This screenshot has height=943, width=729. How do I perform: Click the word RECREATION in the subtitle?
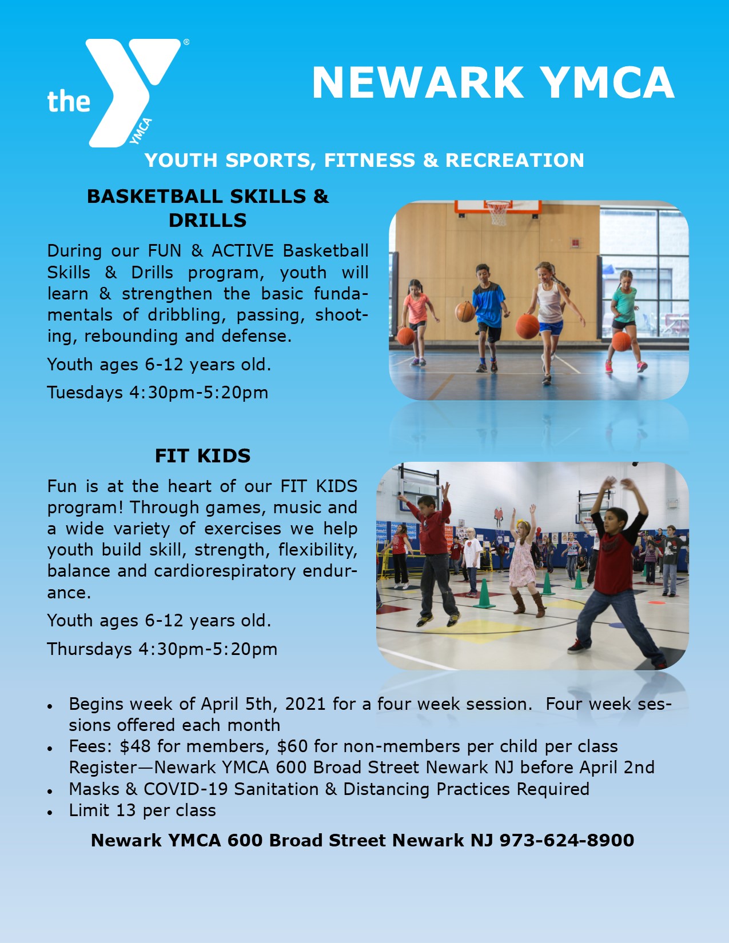click(x=515, y=160)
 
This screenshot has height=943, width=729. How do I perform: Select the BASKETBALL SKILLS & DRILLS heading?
click(x=208, y=208)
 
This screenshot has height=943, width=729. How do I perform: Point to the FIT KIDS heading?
click(x=203, y=455)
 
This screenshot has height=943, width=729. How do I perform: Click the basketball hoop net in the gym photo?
click(x=497, y=213)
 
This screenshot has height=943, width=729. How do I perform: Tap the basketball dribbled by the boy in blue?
click(x=465, y=311)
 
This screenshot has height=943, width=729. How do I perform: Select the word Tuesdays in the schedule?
click(x=85, y=393)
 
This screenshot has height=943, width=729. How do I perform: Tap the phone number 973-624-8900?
click(x=567, y=840)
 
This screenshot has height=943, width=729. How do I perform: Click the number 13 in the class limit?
click(x=126, y=810)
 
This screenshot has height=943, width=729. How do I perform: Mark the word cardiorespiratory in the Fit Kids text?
click(x=225, y=571)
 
